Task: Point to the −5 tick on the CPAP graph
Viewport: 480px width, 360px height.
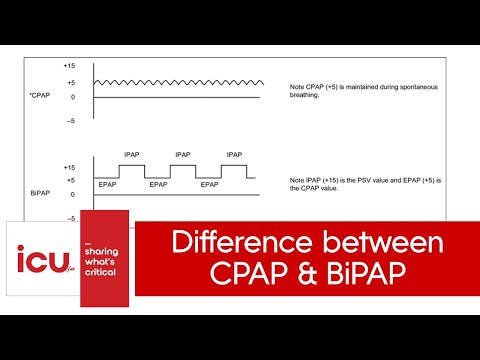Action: click(x=70, y=121)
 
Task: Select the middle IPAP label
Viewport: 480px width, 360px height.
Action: click(x=184, y=155)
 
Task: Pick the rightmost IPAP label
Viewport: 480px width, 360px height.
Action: click(x=235, y=155)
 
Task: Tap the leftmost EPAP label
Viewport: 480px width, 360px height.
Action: click(x=108, y=185)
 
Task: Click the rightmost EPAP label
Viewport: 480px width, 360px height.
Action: click(x=210, y=185)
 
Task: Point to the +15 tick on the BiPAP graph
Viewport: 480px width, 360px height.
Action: click(x=70, y=168)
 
